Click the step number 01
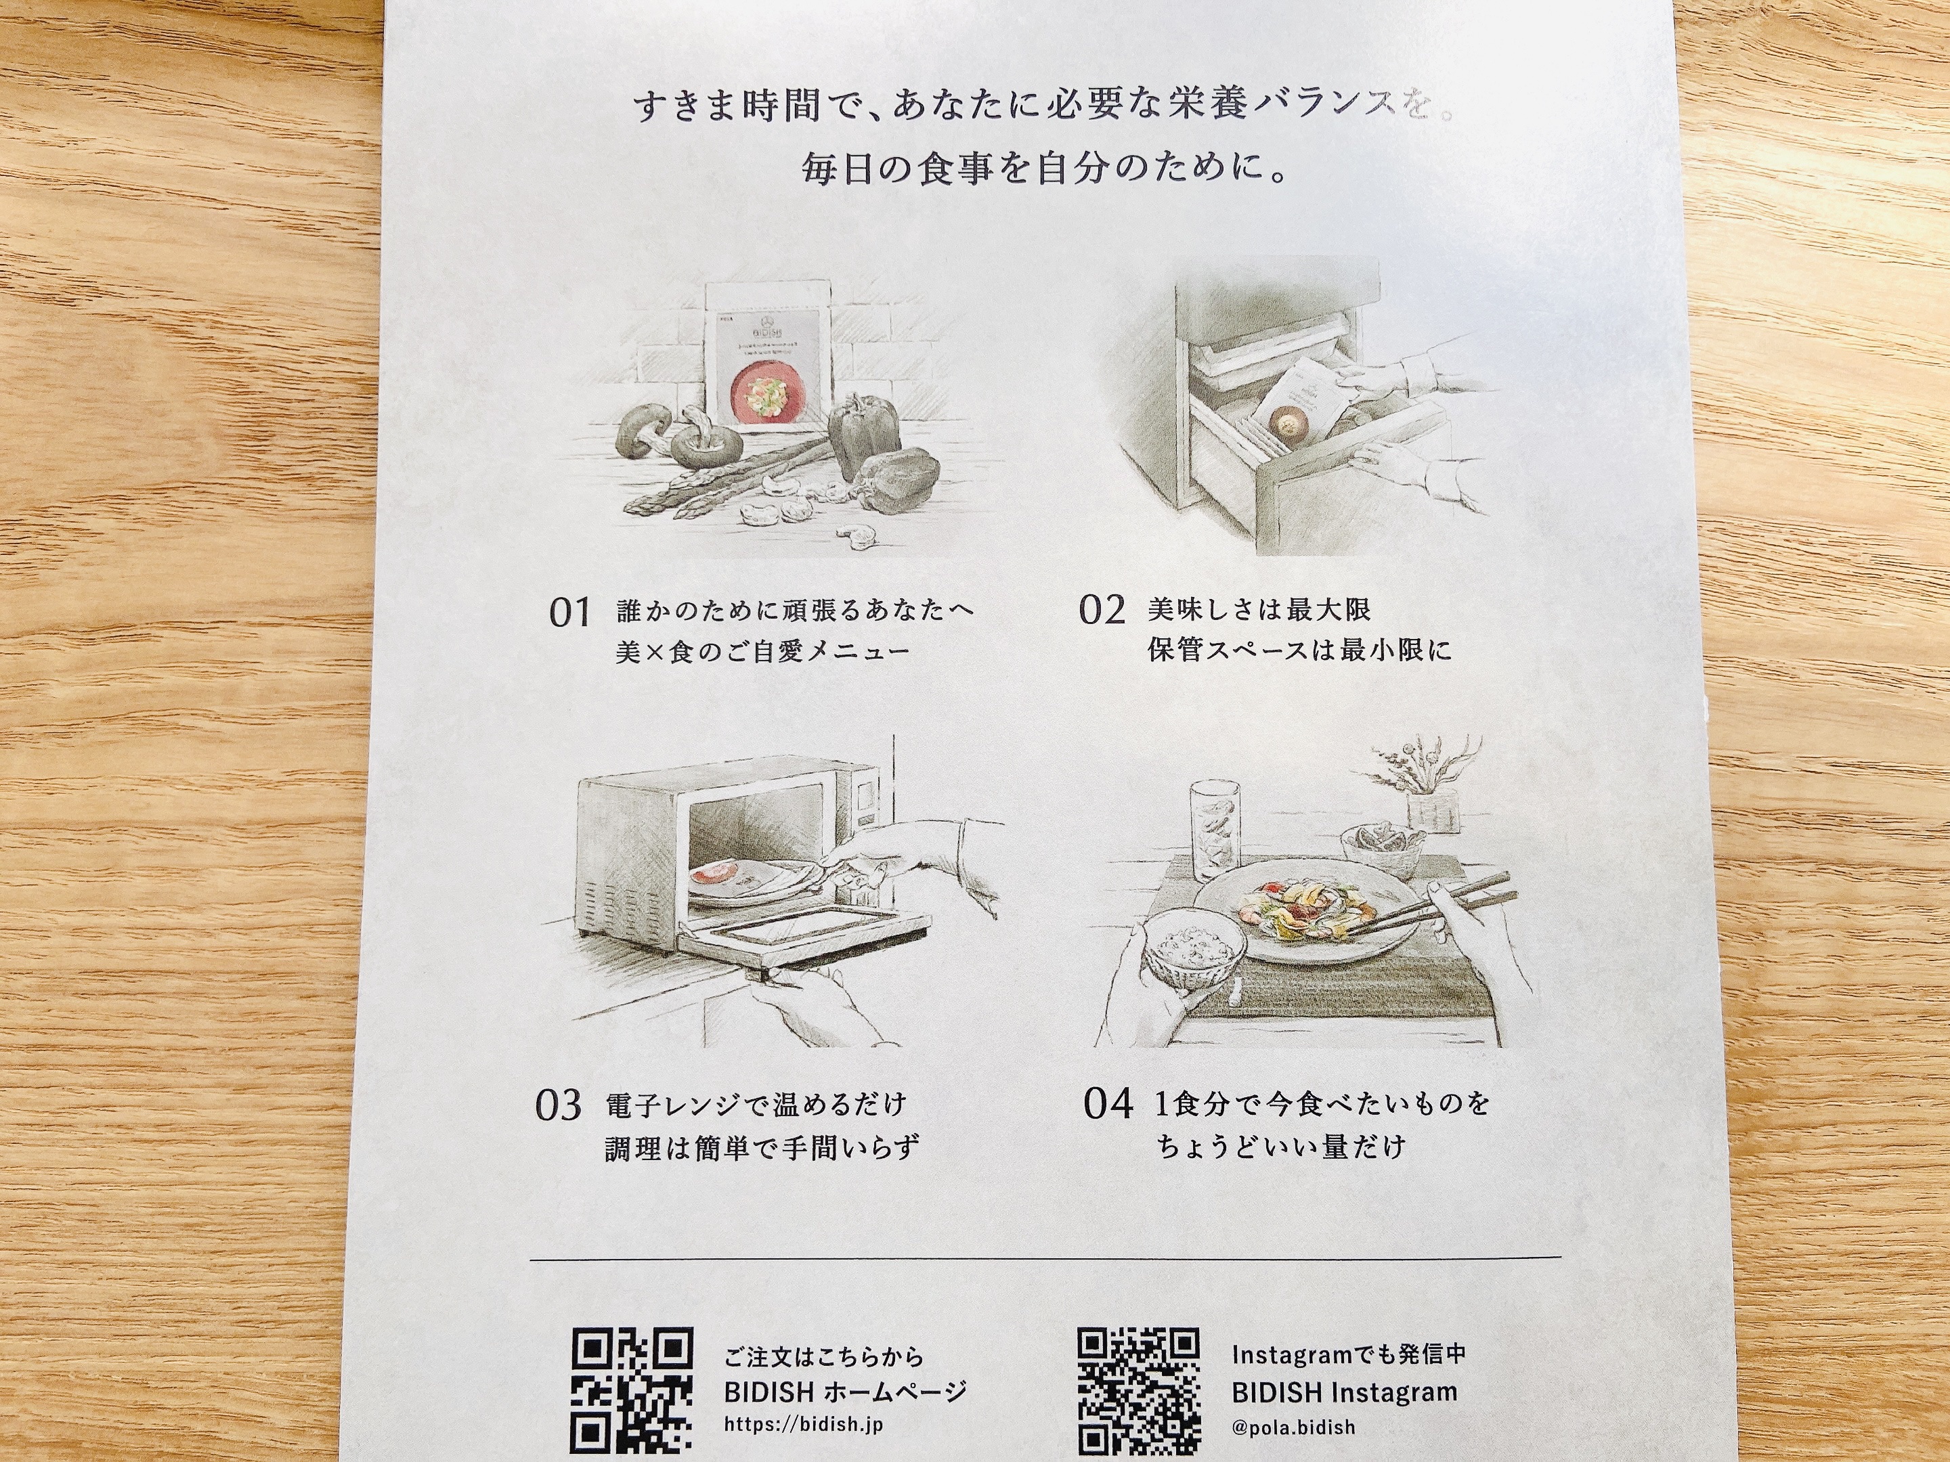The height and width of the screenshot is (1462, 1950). [569, 612]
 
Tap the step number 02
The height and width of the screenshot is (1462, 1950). [1101, 610]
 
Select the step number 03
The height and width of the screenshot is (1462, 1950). [558, 1105]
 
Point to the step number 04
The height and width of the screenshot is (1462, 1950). [1108, 1103]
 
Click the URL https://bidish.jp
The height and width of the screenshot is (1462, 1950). [803, 1424]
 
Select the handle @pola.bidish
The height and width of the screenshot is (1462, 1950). [1293, 1427]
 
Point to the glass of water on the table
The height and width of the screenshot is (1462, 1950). [1214, 831]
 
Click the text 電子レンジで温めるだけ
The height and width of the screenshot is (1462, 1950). [756, 1104]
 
